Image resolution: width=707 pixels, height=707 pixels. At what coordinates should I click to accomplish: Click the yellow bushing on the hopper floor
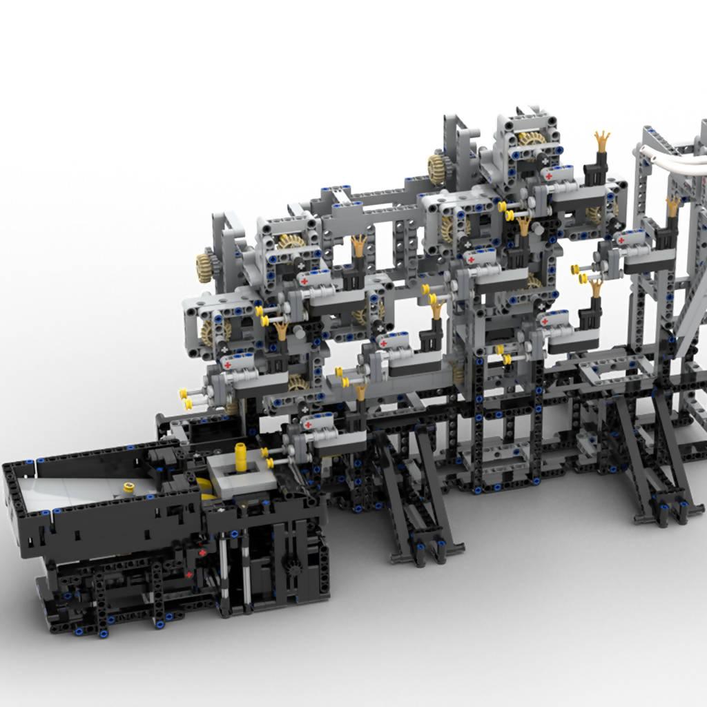[128, 487]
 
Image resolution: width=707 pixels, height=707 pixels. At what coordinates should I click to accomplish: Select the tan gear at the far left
[204, 267]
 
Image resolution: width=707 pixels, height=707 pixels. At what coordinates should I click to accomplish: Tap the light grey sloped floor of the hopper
[69, 491]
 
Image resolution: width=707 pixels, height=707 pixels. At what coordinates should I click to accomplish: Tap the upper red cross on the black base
[202, 554]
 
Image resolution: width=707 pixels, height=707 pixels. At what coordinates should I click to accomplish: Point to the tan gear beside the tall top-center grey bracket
[437, 168]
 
